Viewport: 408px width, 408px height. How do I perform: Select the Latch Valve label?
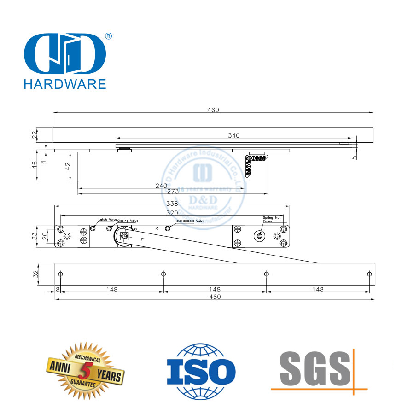click(107, 220)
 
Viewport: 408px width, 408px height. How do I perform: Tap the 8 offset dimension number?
click(58, 290)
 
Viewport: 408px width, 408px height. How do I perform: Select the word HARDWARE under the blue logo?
click(64, 83)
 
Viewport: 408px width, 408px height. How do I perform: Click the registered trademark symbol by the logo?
click(108, 36)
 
